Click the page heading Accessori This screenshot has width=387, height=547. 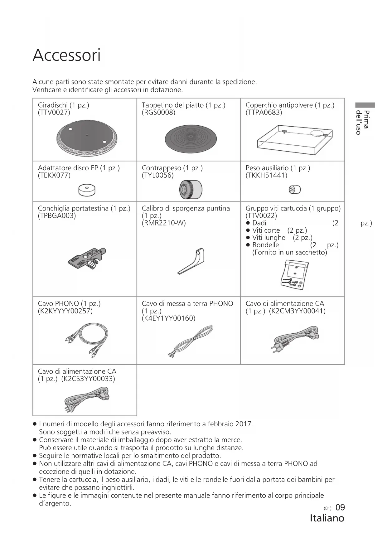[66, 56]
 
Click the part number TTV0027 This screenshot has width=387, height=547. [54, 113]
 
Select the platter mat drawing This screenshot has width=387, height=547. [191, 138]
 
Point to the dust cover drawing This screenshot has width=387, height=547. [294, 139]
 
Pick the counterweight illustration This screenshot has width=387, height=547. [191, 190]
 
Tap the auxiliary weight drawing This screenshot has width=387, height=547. [295, 190]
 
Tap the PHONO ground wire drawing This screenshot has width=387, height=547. [191, 341]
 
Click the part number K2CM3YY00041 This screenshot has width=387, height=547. [297, 311]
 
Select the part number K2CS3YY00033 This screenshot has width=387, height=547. [88, 379]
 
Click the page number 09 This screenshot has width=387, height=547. [340, 508]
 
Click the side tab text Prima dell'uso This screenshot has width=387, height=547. [363, 122]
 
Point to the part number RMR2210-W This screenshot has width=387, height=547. [164, 223]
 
